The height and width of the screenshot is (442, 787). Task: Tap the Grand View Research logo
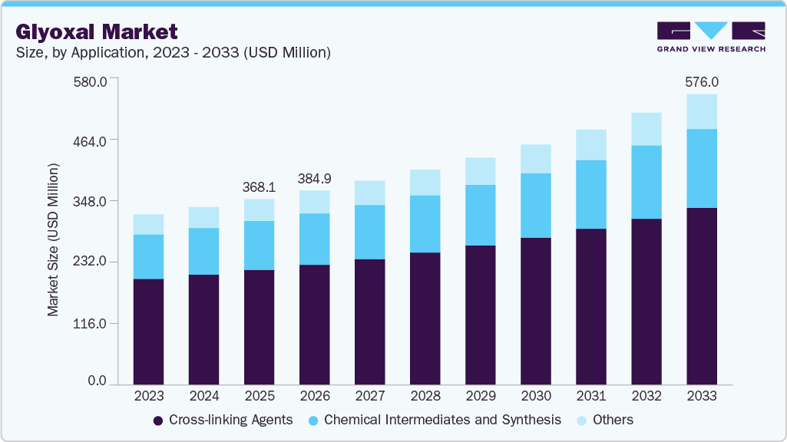tap(711, 36)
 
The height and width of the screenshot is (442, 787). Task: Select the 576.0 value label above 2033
tap(702, 81)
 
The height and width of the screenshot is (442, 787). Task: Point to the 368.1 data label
tap(259, 186)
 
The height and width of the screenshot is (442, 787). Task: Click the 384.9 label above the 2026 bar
tap(315, 178)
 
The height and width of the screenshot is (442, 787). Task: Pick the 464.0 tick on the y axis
tap(91, 140)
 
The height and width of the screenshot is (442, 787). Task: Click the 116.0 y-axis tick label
tap(91, 323)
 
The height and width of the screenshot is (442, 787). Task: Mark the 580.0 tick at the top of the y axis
tap(91, 80)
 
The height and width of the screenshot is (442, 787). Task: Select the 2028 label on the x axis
tap(425, 396)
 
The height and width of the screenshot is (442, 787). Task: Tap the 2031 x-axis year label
tap(591, 396)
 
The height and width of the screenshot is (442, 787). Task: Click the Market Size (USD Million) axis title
tap(54, 239)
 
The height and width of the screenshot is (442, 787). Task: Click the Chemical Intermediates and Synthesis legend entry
tap(434, 420)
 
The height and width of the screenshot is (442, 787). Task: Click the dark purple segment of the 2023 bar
tap(148, 331)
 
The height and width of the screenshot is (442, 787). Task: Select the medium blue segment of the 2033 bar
tap(702, 168)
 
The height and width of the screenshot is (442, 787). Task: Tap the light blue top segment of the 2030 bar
tap(536, 159)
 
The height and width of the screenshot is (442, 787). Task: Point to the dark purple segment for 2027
tap(369, 322)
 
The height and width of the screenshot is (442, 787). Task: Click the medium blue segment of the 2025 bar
tap(259, 245)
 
